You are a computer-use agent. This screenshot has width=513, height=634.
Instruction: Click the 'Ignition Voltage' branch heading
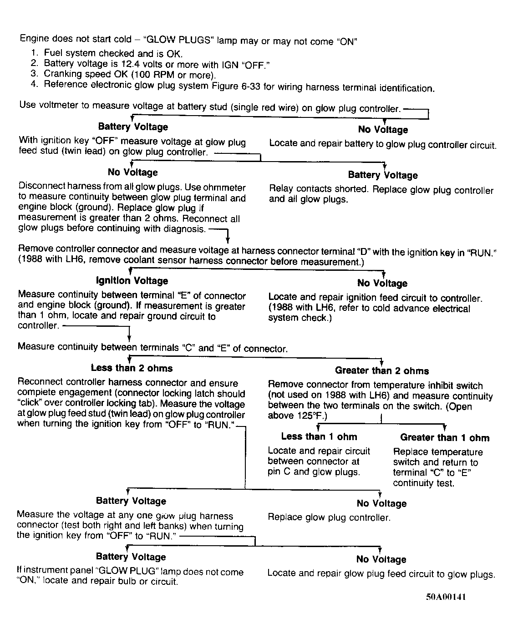click(132, 281)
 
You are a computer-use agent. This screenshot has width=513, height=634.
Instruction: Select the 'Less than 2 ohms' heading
click(132, 368)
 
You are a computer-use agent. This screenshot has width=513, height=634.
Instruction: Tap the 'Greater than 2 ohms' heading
click(382, 370)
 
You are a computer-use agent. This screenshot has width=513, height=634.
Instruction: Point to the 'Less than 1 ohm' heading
click(319, 436)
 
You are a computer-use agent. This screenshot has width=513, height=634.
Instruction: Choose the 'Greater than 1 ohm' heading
click(445, 438)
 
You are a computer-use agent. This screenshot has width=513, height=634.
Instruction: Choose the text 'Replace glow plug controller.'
click(329, 517)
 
